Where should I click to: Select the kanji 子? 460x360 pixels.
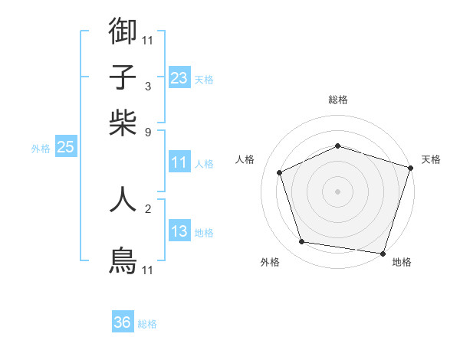pyautogui.click(x=123, y=77)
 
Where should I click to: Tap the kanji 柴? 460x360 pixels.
pyautogui.click(x=123, y=122)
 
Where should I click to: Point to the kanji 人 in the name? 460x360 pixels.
pyautogui.click(x=123, y=199)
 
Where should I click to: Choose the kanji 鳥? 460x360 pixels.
pyautogui.click(x=123, y=260)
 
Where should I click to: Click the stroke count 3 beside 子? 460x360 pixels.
pyautogui.click(x=148, y=87)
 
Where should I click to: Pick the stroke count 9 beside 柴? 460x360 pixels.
pyautogui.click(x=148, y=132)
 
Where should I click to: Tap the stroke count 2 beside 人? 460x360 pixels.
pyautogui.click(x=148, y=208)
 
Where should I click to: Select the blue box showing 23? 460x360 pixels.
pyautogui.click(x=179, y=78)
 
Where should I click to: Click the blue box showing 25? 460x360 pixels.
pyautogui.click(x=65, y=148)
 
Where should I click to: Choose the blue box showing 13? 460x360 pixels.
pyautogui.click(x=179, y=231)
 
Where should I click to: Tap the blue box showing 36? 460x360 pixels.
pyautogui.click(x=123, y=322)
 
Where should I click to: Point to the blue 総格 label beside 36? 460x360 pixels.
pyautogui.click(x=147, y=324)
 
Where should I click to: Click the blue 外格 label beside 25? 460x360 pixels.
pyautogui.click(x=41, y=149)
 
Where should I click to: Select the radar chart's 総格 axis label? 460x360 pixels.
pyautogui.click(x=338, y=100)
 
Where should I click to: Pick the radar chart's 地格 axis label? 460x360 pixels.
pyautogui.click(x=402, y=263)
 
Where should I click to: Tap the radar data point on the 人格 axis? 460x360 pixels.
pyautogui.click(x=280, y=172)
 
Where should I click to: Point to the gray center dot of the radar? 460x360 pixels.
pyautogui.click(x=338, y=191)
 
